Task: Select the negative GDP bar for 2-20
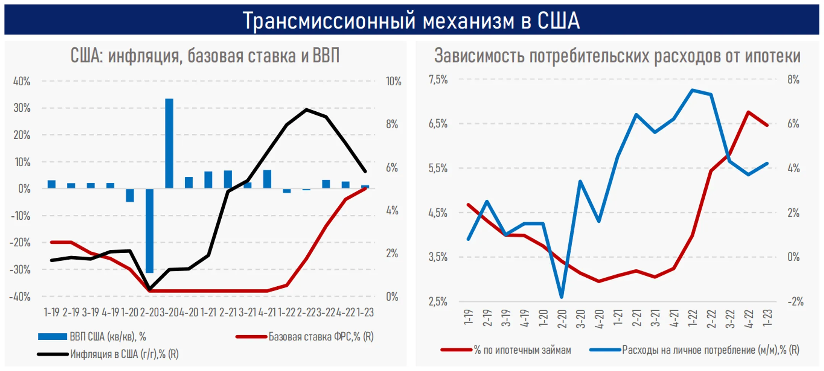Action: tap(150, 231)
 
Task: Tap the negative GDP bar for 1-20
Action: tap(130, 195)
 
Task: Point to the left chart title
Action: tap(205, 56)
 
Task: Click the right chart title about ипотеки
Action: tap(617, 56)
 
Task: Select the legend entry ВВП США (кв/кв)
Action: tap(108, 337)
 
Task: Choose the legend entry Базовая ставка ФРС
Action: tap(320, 337)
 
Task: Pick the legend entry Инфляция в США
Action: tap(124, 354)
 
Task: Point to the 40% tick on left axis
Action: tap(22, 81)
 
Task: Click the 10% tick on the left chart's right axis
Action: tap(393, 81)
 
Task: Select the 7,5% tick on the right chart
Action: tap(438, 80)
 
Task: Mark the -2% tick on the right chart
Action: tap(795, 302)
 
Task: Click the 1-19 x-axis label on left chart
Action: tap(51, 313)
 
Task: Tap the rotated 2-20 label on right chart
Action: tap(562, 318)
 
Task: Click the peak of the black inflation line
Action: tap(306, 109)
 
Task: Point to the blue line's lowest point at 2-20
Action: tap(562, 297)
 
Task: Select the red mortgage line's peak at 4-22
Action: tap(748, 112)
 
